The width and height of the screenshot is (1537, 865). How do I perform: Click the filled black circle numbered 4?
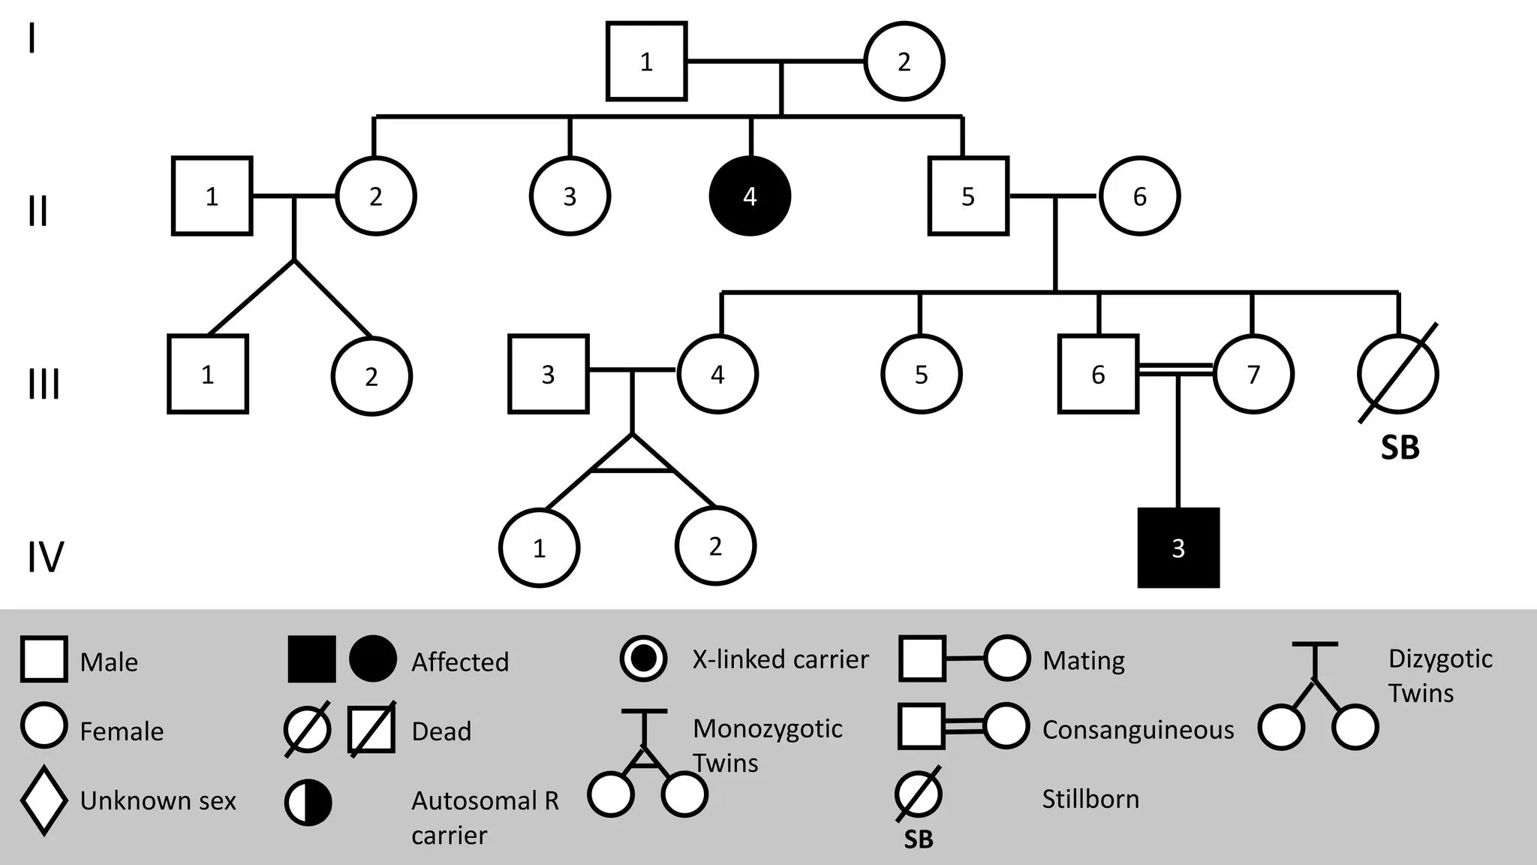[x=750, y=196]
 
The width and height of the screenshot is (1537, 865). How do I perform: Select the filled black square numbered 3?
[x=1178, y=548]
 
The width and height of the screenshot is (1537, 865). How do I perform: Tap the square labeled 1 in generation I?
[x=646, y=62]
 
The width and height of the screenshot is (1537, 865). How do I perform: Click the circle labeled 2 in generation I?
[x=904, y=62]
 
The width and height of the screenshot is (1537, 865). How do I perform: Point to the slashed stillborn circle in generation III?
[x=1397, y=374]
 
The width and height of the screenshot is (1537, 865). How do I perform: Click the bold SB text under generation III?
[x=1400, y=448]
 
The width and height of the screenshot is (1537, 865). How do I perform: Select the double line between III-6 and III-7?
[x=1175, y=369]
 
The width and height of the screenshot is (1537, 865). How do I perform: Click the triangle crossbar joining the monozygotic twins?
[x=632, y=469]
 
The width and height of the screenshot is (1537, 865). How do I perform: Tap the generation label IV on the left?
[x=45, y=557]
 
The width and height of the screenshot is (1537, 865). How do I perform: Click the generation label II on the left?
[x=38, y=211]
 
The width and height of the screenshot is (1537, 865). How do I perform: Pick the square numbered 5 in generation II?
[x=968, y=196]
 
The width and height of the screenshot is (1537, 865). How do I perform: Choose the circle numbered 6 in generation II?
[x=1139, y=196]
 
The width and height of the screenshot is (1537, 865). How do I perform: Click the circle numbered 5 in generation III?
[x=921, y=374]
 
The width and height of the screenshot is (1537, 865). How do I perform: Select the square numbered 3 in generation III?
[x=548, y=374]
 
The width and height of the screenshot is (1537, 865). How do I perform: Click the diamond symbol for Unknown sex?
[x=44, y=800]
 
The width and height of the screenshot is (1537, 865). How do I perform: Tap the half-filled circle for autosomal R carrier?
[x=308, y=802]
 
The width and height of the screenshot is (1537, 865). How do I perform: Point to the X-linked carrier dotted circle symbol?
[x=643, y=659]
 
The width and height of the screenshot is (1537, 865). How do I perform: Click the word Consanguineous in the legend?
[x=1138, y=730]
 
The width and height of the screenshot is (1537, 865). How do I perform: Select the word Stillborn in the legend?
[x=1090, y=799]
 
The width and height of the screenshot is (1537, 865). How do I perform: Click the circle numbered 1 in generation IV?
[x=539, y=548]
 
